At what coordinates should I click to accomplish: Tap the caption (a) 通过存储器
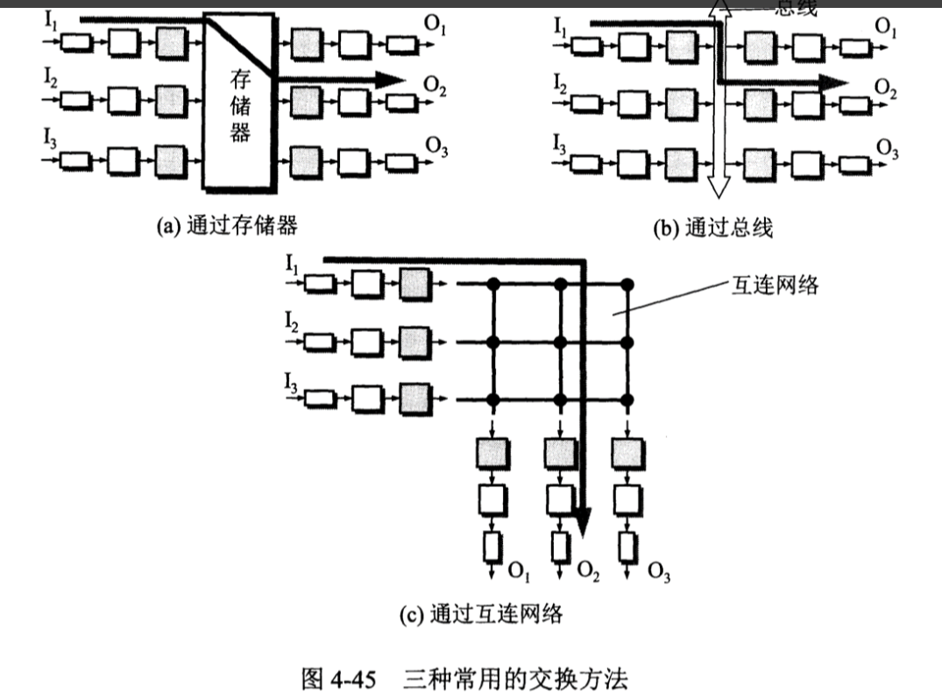point(227,226)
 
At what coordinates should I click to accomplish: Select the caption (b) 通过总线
point(712,229)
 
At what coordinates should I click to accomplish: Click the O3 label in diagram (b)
point(888,149)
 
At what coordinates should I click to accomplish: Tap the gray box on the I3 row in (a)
point(171,161)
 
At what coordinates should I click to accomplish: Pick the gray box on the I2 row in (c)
point(413,343)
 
